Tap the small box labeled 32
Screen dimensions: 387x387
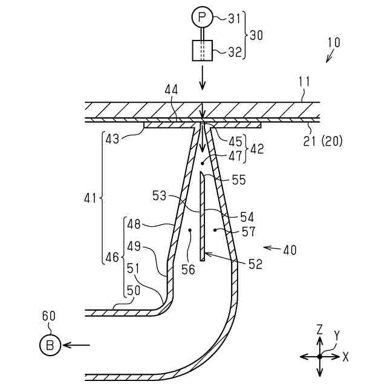click(201, 50)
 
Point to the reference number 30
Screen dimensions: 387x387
click(256, 35)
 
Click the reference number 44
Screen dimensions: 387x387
click(172, 89)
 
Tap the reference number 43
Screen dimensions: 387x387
click(112, 138)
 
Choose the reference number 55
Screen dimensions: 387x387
click(239, 180)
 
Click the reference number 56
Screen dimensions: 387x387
click(188, 269)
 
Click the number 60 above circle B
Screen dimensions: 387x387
click(48, 316)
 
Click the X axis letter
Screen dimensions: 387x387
click(345, 357)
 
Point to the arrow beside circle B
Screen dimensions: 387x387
click(76, 345)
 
